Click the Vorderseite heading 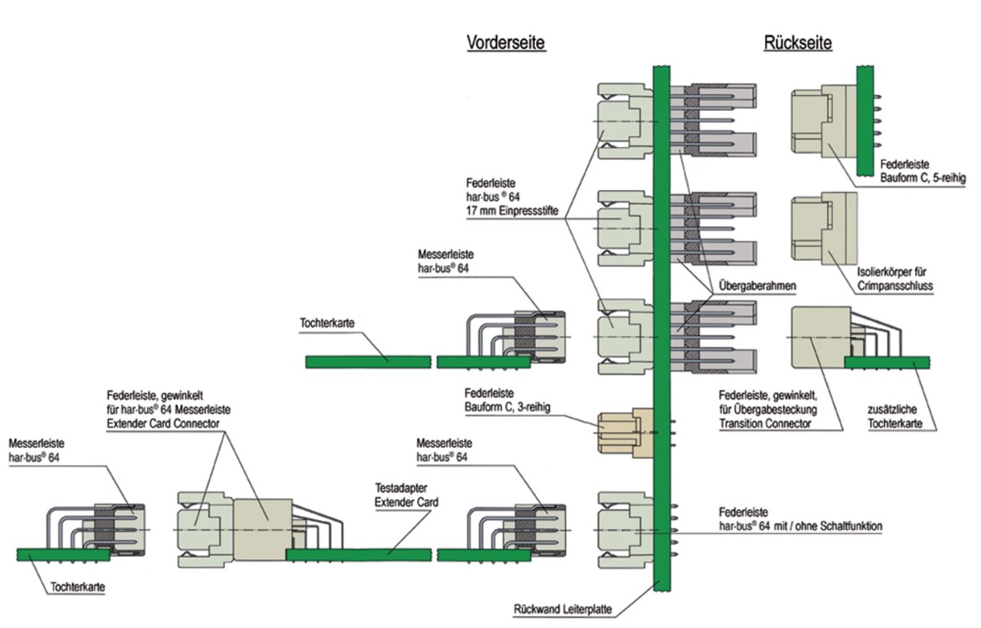(506, 43)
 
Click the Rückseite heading (797, 43)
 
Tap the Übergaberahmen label (757, 285)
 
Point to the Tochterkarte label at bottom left (77, 588)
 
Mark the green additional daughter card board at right (887, 361)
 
